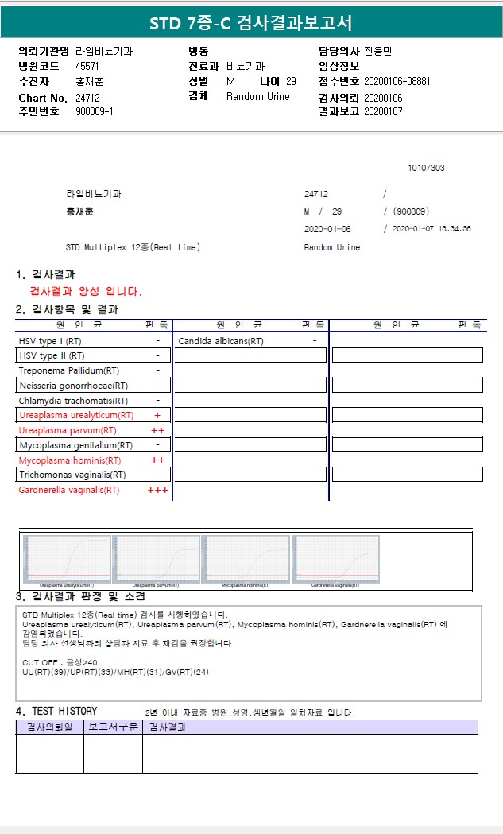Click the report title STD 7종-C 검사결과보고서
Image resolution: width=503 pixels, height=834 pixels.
tap(251, 23)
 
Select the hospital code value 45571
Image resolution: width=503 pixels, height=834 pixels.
tap(87, 67)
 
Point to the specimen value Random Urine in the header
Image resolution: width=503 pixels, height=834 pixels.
tap(258, 97)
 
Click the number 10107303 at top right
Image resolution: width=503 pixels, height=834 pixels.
tap(426, 168)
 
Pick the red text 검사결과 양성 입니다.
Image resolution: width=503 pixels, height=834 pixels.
tap(86, 291)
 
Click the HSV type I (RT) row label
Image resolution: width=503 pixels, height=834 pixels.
tap(50, 341)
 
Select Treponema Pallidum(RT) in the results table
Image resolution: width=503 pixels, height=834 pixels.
tap(69, 370)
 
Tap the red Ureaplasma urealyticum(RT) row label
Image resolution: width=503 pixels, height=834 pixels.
tap(76, 415)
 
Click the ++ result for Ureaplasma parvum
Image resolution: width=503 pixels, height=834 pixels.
tap(157, 430)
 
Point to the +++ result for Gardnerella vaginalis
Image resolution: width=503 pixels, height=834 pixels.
tap(157, 490)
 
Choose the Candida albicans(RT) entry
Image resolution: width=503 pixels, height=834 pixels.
tap(221, 341)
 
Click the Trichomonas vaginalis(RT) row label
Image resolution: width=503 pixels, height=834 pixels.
tap(72, 475)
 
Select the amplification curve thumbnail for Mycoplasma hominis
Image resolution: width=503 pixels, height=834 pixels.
tap(246, 559)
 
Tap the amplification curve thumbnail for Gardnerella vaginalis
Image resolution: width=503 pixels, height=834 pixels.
tap(335, 559)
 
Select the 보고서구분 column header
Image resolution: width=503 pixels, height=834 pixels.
tap(113, 727)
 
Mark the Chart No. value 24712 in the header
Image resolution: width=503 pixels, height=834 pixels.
tap(87, 97)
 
